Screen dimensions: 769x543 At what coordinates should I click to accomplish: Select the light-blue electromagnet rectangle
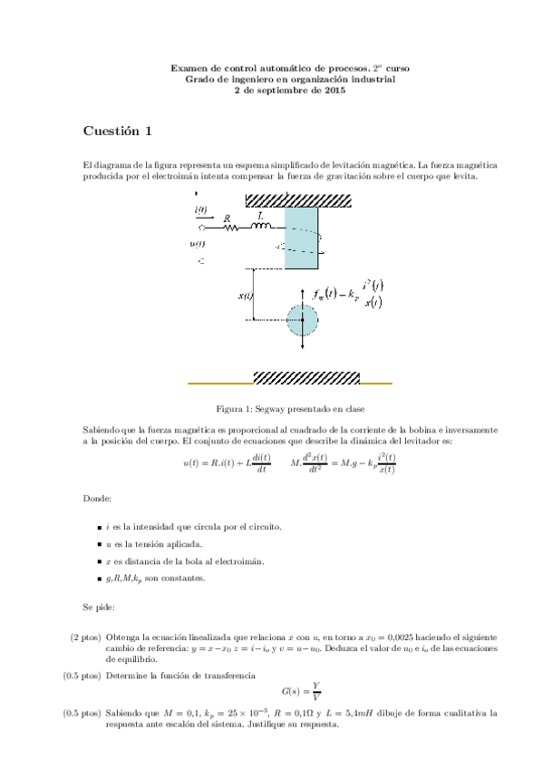(301, 237)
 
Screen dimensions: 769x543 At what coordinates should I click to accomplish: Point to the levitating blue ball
(302, 320)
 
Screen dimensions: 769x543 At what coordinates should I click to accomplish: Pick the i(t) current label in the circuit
(200, 209)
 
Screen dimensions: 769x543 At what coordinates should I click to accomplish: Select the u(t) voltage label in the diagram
(198, 244)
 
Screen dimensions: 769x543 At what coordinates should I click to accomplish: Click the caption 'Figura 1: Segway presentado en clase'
(284, 409)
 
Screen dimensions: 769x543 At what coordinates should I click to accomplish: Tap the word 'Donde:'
(98, 498)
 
